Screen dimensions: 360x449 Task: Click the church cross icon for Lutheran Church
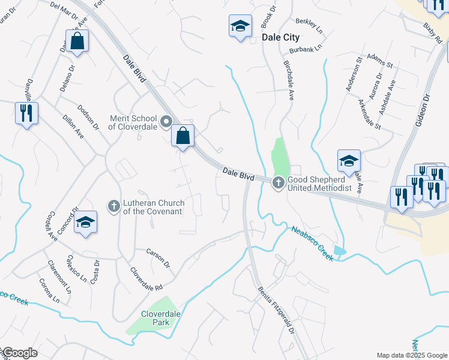coord(113,206)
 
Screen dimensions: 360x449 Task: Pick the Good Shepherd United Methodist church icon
coord(278,182)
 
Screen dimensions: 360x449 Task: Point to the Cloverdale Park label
coord(161,318)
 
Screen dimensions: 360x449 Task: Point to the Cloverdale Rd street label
coord(146,279)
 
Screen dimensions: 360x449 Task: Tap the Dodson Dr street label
coord(88,118)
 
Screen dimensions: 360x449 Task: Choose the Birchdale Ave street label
coord(288,78)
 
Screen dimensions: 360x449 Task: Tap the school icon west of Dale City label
coord(240,26)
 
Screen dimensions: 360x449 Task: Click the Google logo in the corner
coord(19,353)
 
